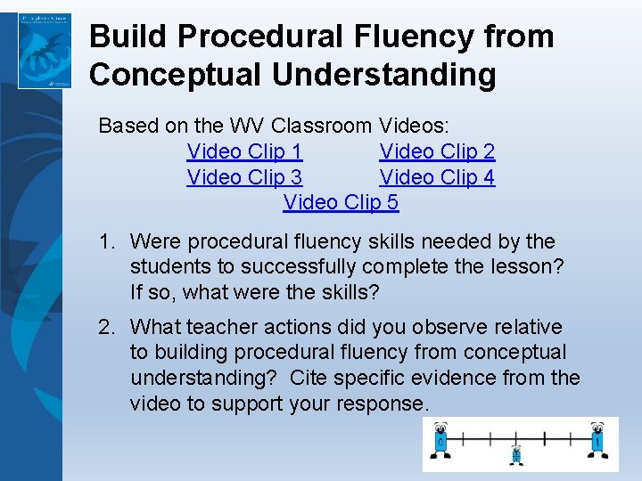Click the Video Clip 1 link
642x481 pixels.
[244, 151]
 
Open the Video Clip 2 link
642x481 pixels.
[437, 151]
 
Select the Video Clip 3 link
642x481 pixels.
[244, 177]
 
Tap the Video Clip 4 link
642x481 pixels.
[437, 177]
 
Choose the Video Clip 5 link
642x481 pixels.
[341, 202]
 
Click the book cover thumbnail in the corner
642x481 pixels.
[45, 50]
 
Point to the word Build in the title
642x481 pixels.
[125, 37]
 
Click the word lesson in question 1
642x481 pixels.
[525, 265]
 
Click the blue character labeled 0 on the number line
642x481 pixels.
[440, 443]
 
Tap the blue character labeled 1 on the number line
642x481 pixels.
[597, 442]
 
